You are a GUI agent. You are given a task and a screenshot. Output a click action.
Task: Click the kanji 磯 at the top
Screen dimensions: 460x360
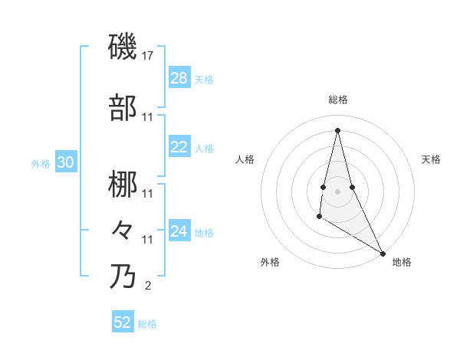pos(123,47)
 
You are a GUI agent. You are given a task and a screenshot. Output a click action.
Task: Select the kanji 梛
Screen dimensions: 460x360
pos(123,184)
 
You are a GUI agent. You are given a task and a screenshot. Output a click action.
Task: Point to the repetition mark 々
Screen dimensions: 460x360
pos(123,230)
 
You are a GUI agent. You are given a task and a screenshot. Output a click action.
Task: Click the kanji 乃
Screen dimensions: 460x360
pos(123,276)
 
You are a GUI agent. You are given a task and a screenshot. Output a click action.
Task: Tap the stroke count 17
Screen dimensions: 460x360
pos(149,57)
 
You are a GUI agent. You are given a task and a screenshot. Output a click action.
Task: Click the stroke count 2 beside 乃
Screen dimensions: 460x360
pos(148,286)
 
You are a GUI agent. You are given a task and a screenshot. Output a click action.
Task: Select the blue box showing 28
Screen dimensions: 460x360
pos(179,78)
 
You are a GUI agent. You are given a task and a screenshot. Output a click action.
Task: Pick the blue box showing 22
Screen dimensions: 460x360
pos(179,147)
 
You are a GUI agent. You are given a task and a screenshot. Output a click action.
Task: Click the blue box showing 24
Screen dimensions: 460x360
pos(179,231)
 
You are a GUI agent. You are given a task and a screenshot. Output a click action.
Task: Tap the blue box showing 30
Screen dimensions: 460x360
pos(66,162)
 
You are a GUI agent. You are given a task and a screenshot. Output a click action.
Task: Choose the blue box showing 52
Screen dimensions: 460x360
pos(123,322)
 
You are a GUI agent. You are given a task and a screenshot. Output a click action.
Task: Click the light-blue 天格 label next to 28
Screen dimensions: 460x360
pos(204,80)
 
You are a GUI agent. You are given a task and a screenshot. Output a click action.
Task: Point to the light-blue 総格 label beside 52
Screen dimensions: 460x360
pos(147,324)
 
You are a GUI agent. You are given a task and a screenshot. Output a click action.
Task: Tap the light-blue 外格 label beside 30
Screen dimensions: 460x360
pos(41,163)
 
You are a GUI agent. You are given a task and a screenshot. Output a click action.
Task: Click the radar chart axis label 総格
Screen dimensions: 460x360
pos(338,100)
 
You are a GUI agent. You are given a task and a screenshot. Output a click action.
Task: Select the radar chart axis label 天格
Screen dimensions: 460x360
pos(431,159)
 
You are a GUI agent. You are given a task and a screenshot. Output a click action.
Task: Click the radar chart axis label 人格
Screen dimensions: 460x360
pos(245,159)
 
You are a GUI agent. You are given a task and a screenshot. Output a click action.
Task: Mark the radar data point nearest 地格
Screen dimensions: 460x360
pos(383,253)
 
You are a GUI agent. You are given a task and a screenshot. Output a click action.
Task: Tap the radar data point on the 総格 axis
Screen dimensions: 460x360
pos(337,129)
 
